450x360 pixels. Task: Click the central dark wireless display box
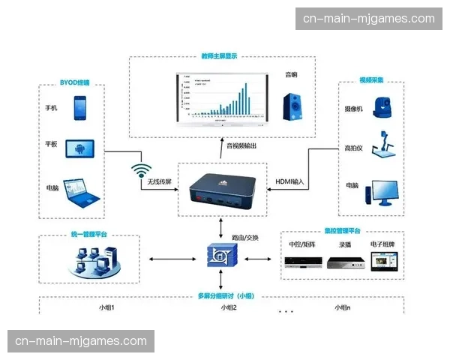(222, 189)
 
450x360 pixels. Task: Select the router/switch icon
(221, 256)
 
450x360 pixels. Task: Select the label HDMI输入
(290, 182)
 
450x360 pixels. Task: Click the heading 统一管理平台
(89, 235)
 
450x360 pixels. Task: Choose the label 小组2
(229, 307)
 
